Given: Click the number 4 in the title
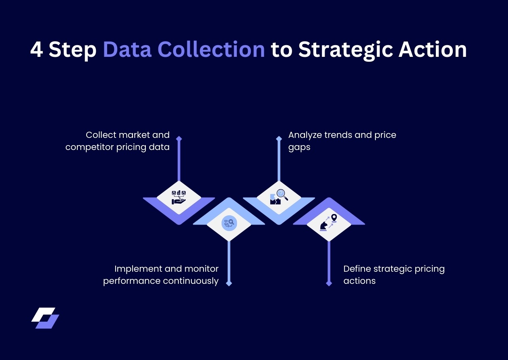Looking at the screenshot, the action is coord(37,50).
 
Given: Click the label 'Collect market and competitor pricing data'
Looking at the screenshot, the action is coord(118,141).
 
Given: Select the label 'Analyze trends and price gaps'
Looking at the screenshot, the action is coord(342,141).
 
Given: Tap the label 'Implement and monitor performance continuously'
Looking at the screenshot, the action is coord(161,275).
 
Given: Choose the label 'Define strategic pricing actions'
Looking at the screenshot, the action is coord(394,275).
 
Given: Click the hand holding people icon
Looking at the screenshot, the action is coord(178,197).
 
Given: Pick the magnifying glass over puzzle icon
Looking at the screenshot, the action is coord(279,197).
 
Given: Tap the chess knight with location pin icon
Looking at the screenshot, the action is coord(329,223).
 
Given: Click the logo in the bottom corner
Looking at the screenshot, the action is coord(45,318).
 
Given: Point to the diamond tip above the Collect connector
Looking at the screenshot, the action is coord(179,138).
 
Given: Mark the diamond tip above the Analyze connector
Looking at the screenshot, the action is coord(279,138).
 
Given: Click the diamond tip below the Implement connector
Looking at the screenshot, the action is coord(229,283).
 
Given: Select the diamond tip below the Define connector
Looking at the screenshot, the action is coord(329,283).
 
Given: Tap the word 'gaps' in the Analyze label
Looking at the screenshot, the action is coord(299,147).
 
